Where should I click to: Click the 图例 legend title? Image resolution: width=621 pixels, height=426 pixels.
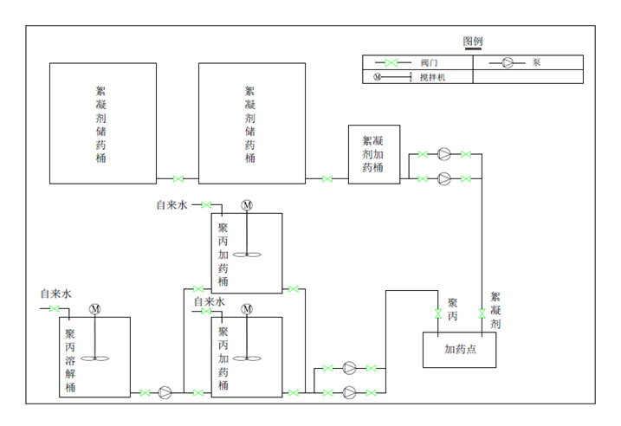[x=473, y=42]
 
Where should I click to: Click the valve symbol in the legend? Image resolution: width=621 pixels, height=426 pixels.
[x=391, y=62]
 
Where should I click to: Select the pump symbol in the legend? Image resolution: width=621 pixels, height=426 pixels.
[x=508, y=62]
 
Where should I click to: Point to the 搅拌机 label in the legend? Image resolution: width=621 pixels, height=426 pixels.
[x=433, y=77]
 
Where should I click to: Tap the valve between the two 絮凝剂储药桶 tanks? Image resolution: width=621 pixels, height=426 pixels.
[x=178, y=179]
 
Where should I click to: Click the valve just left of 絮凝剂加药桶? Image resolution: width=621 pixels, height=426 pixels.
[x=327, y=179]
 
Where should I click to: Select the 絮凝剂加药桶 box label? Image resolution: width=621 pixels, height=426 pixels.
[x=372, y=154]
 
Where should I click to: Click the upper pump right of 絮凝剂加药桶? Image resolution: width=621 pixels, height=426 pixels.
[x=444, y=154]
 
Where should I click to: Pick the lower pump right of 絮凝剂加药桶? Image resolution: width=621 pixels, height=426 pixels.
[x=444, y=179]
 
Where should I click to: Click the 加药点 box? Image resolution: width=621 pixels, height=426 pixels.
[x=459, y=350]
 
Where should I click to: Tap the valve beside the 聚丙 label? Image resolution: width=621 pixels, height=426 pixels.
[x=438, y=313]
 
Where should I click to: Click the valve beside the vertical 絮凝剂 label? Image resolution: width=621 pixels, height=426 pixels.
[x=482, y=313]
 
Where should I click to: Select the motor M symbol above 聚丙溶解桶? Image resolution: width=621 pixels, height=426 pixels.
[x=95, y=309]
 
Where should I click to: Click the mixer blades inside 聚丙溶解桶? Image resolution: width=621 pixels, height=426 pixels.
[x=95, y=358]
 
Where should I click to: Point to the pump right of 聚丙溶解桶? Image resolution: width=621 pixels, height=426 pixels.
[x=165, y=393]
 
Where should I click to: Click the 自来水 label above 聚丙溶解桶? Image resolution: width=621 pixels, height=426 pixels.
[x=55, y=294]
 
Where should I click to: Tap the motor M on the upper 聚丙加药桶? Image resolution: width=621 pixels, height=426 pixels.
[x=247, y=205]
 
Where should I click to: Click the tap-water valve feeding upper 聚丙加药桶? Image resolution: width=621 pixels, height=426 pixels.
[x=206, y=204]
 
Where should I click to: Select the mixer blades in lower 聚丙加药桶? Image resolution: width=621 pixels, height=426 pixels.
[x=247, y=358]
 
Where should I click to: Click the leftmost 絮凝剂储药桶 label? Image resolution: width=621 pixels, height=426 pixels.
[x=100, y=125]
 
